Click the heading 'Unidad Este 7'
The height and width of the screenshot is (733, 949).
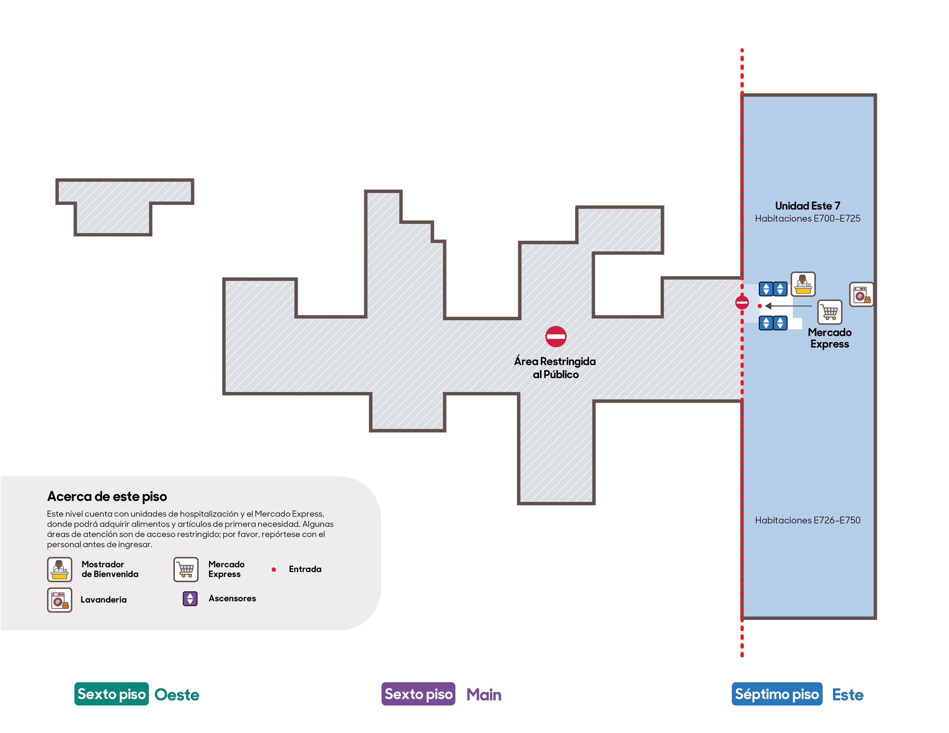pyautogui.click(x=807, y=206)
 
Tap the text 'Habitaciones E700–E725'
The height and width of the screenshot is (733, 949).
pyautogui.click(x=807, y=218)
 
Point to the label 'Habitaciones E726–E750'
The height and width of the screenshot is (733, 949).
pyautogui.click(x=807, y=520)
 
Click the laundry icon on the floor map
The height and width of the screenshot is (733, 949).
pyautogui.click(x=861, y=294)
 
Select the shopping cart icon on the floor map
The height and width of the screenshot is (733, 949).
pyautogui.click(x=829, y=312)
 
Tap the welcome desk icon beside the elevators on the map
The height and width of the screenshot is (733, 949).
pyautogui.click(x=803, y=285)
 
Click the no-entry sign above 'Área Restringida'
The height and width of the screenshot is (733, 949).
pyautogui.click(x=556, y=337)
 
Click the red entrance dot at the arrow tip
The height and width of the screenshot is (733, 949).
pyautogui.click(x=759, y=306)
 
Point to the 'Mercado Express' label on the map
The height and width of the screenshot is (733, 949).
pyautogui.click(x=829, y=338)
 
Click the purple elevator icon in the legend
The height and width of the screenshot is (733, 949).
pyautogui.click(x=190, y=599)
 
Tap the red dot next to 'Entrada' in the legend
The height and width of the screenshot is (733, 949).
pyautogui.click(x=274, y=569)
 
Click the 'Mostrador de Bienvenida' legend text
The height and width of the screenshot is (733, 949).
pyautogui.click(x=110, y=569)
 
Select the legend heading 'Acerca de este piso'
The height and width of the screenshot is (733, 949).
pyautogui.click(x=107, y=496)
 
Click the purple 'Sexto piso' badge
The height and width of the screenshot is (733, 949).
pyautogui.click(x=418, y=694)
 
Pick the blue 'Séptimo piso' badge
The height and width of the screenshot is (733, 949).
pyautogui.click(x=777, y=694)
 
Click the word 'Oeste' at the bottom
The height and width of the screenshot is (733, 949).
pyautogui.click(x=177, y=695)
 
